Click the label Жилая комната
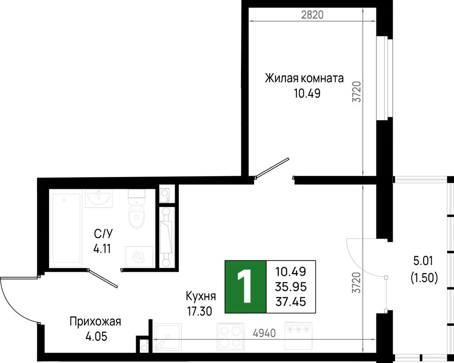click(x=304, y=78)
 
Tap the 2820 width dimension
click(x=312, y=15)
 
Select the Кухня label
click(x=201, y=296)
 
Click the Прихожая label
click(x=95, y=322)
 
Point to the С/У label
click(x=103, y=234)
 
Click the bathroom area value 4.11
click(x=102, y=249)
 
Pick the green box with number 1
click(x=246, y=287)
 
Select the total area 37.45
click(x=291, y=302)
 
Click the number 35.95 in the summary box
click(x=291, y=287)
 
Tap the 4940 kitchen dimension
click(x=264, y=333)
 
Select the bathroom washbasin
click(x=99, y=198)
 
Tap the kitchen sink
click(x=168, y=337)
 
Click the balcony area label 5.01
click(x=423, y=261)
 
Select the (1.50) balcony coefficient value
click(x=424, y=278)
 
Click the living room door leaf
click(x=272, y=167)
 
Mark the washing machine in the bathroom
click(x=139, y=256)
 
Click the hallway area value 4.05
click(x=96, y=337)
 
